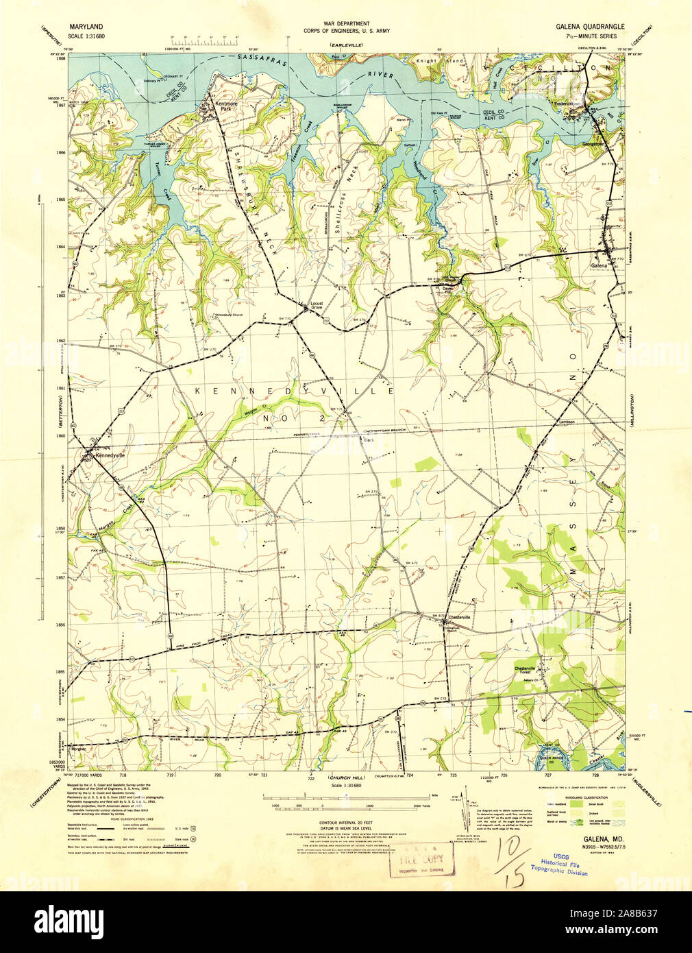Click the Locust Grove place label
317,305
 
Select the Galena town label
599,265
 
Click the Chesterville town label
459,618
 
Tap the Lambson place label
565,422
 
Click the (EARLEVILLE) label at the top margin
345,45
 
